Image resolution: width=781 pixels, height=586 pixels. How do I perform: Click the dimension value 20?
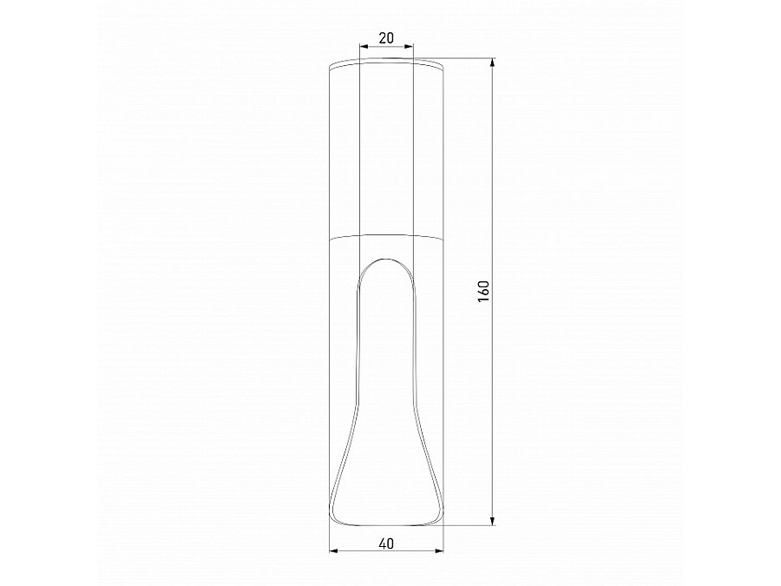coord(386,37)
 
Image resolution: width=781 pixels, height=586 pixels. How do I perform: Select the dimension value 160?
coord(484,291)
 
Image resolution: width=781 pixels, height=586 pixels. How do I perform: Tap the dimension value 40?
coord(387,543)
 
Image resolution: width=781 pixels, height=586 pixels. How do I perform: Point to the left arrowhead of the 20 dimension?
coord(361,47)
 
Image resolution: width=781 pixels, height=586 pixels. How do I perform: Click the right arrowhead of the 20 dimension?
coord(412,47)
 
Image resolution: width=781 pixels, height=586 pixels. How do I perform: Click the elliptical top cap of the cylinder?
coord(387,63)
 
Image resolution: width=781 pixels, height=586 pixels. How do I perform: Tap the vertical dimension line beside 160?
coord(494,391)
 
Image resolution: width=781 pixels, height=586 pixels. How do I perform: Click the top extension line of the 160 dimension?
coord(469,58)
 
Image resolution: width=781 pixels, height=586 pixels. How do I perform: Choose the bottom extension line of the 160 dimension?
coord(469,525)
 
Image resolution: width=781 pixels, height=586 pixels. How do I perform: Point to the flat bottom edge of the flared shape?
coord(387,524)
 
